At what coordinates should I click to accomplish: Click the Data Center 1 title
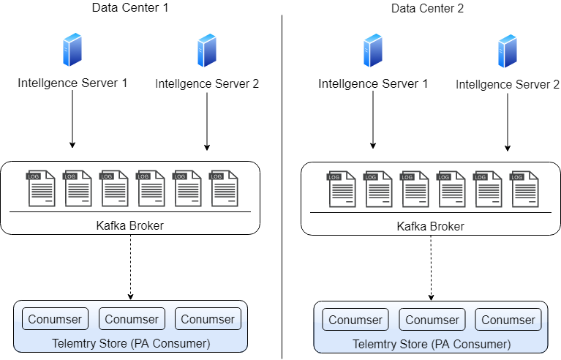point(130,8)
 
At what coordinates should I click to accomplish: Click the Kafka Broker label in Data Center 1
point(130,225)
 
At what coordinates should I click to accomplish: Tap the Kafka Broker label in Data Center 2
point(431,226)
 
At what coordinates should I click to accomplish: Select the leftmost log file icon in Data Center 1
point(41,188)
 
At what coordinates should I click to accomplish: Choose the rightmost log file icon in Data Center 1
point(225,188)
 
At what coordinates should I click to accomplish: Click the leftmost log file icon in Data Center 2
point(342,189)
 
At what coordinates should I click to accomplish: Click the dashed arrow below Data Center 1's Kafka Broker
point(130,267)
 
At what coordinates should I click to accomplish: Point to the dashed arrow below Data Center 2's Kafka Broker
point(431,268)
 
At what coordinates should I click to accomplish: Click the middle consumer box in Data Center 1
point(132,319)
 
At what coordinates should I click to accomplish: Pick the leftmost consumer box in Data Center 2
point(355,320)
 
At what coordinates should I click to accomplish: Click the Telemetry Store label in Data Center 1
point(131,343)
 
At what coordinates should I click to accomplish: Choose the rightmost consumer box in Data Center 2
point(508,320)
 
